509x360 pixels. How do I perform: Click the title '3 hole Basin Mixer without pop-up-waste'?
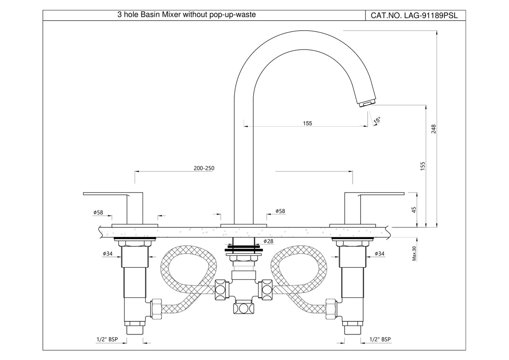tap(186, 15)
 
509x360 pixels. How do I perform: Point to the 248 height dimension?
tap(434, 128)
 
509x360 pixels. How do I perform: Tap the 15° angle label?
tap(377, 120)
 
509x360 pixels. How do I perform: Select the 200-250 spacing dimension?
tap(204, 168)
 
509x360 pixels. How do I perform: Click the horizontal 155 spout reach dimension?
tap(307, 123)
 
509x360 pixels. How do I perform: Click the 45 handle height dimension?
tap(414, 210)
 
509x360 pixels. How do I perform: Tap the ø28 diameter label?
tap(268, 241)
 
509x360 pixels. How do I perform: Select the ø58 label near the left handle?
tap(98, 213)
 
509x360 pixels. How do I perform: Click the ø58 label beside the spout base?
tap(280, 211)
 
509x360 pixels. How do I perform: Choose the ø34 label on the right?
tap(379, 253)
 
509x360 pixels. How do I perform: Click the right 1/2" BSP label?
tap(380, 339)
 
